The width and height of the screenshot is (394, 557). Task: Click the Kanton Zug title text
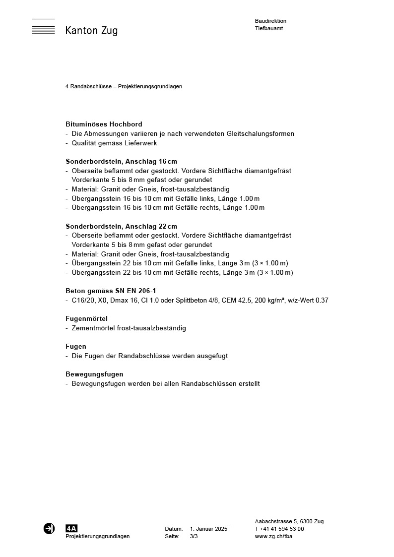pyautogui.click(x=91, y=31)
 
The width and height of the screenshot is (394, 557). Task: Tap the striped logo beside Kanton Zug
pyautogui.click(x=43, y=27)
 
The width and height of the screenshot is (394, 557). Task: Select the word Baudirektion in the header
pyautogui.click(x=270, y=21)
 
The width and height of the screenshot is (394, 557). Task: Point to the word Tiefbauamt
pyautogui.click(x=269, y=29)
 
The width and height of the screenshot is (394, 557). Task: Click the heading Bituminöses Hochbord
pyautogui.click(x=104, y=124)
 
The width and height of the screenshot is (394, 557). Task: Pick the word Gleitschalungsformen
pyautogui.click(x=261, y=133)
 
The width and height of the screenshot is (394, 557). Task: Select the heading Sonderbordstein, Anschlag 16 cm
pyautogui.click(x=121, y=161)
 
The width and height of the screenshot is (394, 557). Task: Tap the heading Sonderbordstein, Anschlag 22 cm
pyautogui.click(x=121, y=226)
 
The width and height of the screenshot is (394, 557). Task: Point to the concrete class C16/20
pyautogui.click(x=82, y=300)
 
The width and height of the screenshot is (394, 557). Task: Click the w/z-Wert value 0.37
pyautogui.click(x=322, y=300)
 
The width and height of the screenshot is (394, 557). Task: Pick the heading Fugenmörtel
pyautogui.click(x=86, y=318)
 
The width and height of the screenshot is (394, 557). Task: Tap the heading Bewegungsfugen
pyautogui.click(x=94, y=374)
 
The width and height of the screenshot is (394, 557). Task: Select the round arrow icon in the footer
pyautogui.click(x=49, y=529)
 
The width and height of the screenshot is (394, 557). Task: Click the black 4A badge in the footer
pyautogui.click(x=71, y=529)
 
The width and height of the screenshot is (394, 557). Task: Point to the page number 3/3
pyautogui.click(x=194, y=537)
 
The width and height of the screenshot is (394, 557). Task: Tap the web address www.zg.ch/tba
pyautogui.click(x=273, y=537)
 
